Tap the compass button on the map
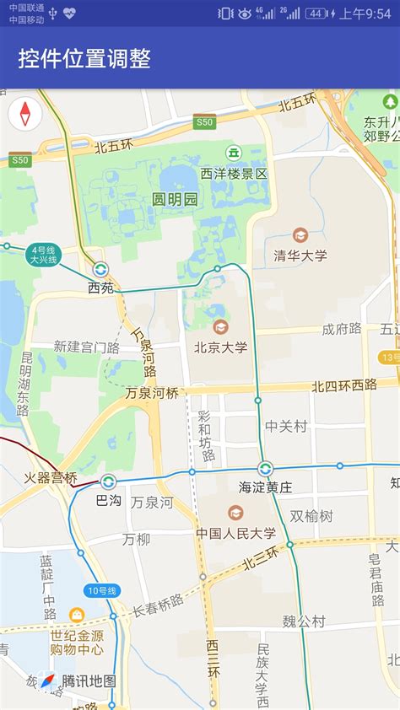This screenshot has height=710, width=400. click(24, 113)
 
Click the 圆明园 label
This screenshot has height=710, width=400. click(175, 199)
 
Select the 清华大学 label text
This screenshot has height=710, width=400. click(300, 255)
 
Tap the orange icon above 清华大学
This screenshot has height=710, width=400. click(300, 235)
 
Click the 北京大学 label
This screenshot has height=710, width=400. click(221, 347)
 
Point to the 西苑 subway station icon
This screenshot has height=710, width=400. click(100, 270)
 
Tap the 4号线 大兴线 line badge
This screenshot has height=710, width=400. click(42, 255)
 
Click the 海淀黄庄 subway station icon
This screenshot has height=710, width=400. click(265, 469)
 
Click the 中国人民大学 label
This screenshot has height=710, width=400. click(236, 533)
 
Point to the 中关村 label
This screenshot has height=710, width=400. click(285, 427)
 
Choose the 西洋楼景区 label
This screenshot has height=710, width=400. click(234, 174)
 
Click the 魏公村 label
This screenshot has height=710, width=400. click(304, 621)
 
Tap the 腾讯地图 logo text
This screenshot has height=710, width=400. click(89, 681)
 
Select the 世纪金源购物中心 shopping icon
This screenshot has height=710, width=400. click(77, 615)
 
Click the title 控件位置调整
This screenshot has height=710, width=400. click(84, 58)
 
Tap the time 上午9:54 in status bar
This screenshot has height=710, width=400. click(365, 13)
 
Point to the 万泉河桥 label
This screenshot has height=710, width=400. click(152, 393)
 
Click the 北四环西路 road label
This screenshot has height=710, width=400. click(344, 385)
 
